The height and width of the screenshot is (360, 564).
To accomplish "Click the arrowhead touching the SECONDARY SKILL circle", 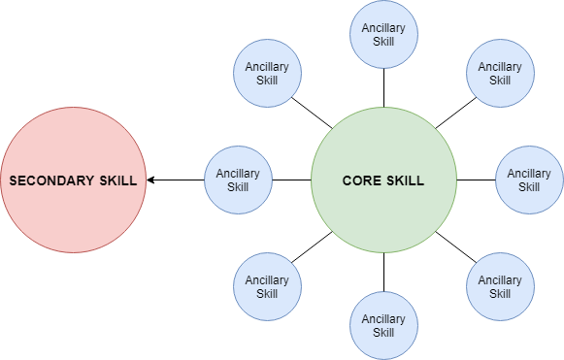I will [x=152, y=180].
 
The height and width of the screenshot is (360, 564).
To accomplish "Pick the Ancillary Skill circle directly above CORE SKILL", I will [x=383, y=35].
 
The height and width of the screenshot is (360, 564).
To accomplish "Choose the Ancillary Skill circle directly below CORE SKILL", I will [x=383, y=326].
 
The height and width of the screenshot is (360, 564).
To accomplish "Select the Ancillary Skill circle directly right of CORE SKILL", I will [x=529, y=180].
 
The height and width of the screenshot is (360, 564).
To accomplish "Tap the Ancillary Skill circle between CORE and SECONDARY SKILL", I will [x=238, y=180].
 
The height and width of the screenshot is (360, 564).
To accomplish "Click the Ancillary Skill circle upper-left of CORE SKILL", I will [x=267, y=74].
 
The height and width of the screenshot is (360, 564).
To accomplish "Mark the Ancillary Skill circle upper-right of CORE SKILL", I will [x=500, y=74].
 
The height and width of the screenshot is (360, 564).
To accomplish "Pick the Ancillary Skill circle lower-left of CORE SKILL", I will [x=267, y=287].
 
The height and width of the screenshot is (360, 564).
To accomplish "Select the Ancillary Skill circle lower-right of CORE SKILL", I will [x=500, y=287].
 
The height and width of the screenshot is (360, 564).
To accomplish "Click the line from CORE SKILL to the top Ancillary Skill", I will [x=383, y=88].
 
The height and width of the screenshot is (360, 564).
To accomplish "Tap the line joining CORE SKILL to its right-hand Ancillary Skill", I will [x=476, y=180].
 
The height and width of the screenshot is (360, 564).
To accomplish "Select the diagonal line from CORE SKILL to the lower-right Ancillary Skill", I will [x=452, y=245].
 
